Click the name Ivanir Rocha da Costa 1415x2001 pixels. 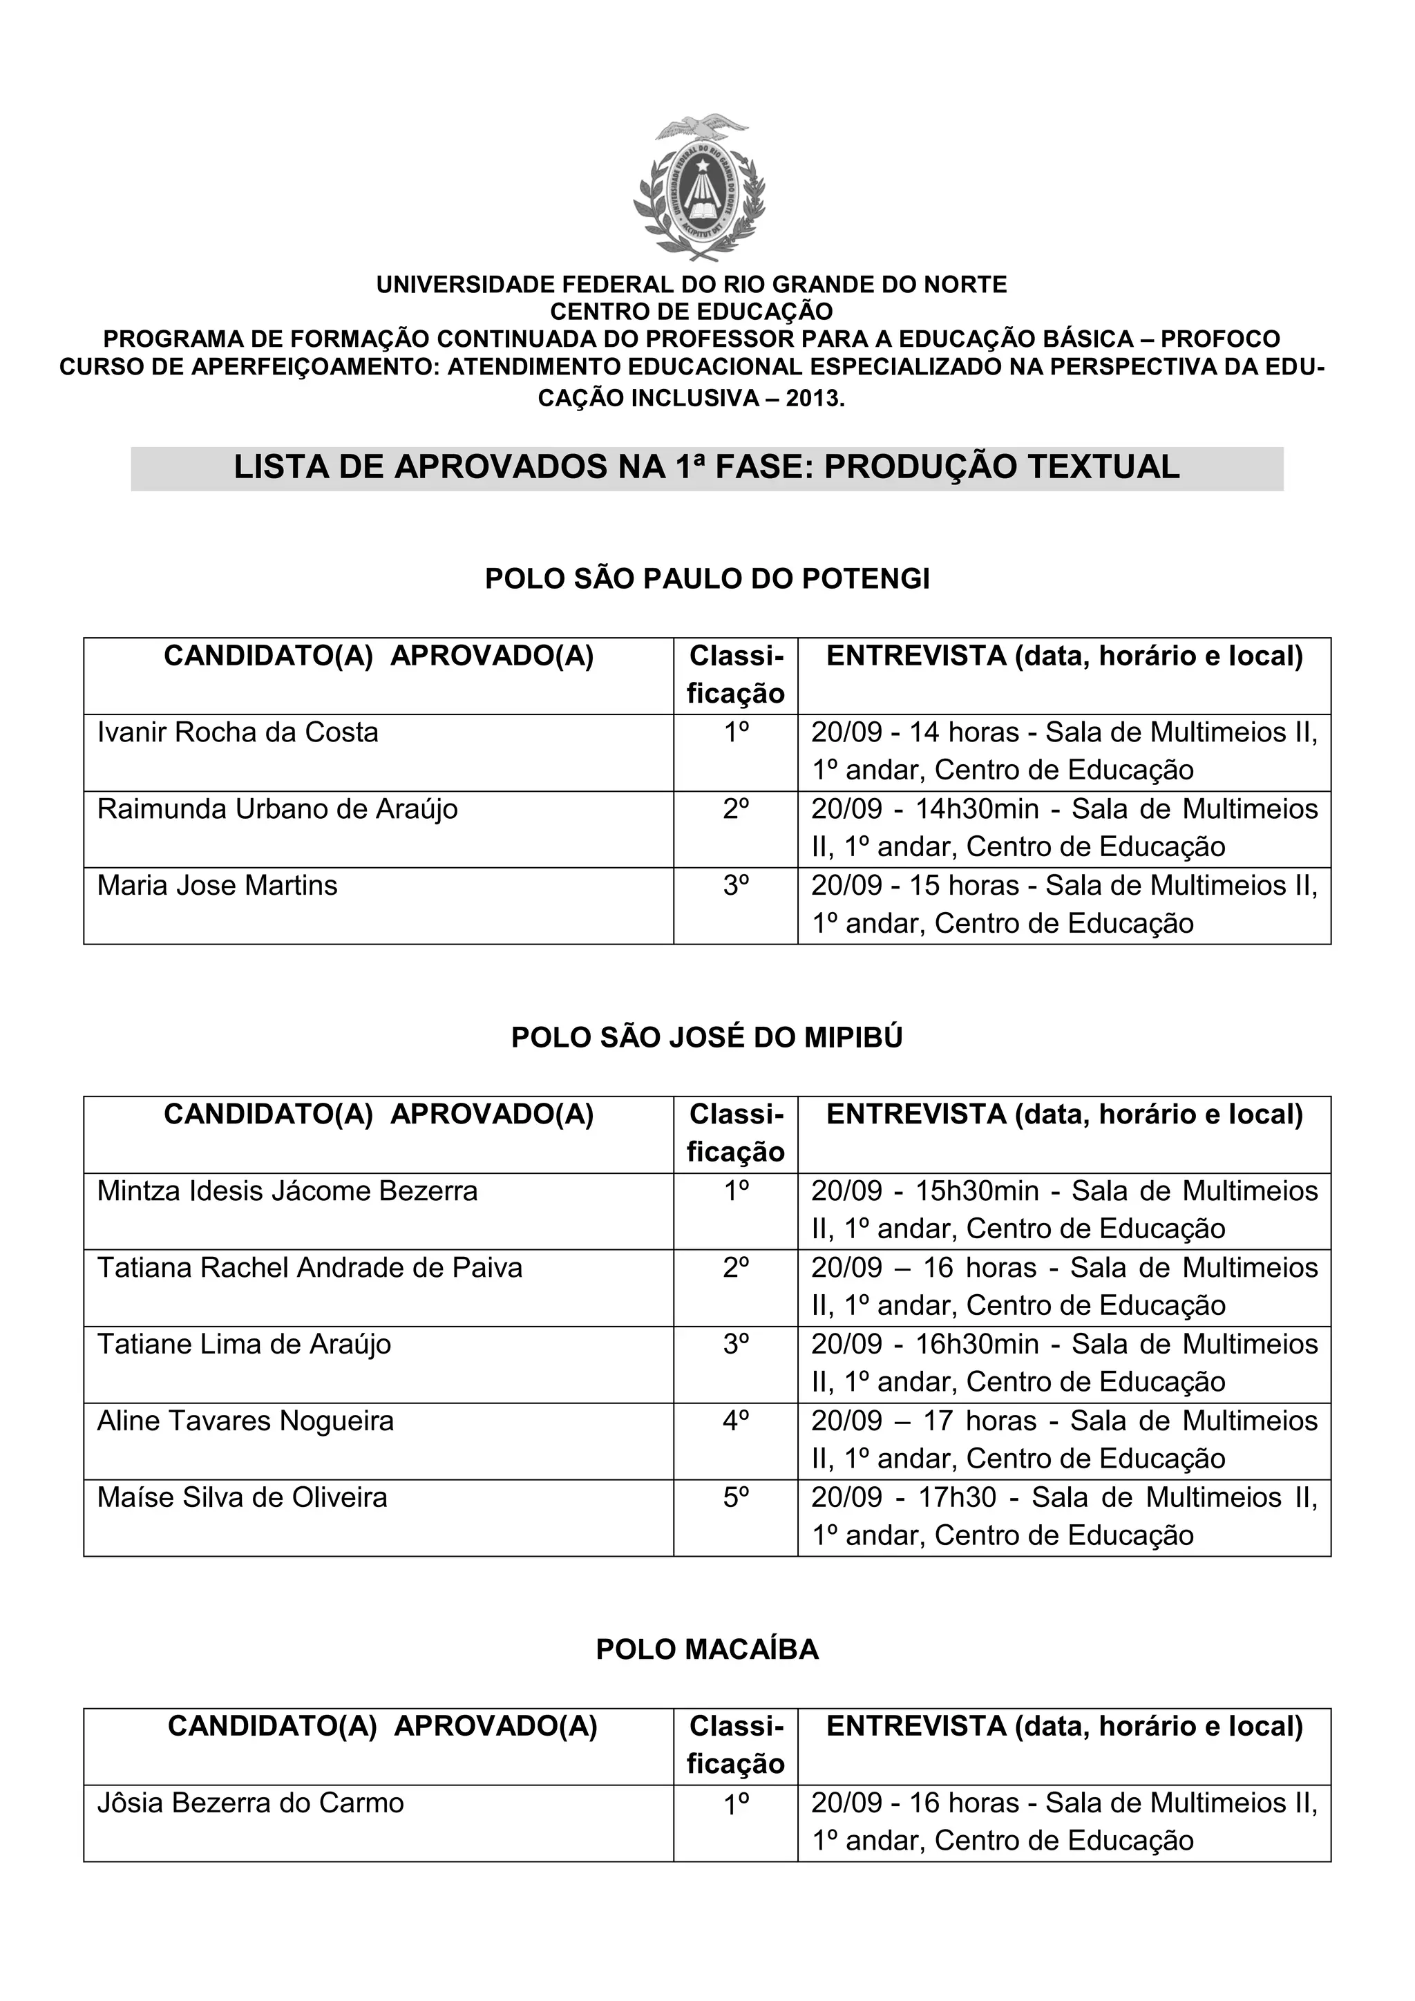point(238,732)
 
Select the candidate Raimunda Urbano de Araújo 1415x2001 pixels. point(277,809)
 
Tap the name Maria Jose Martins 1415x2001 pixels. point(217,886)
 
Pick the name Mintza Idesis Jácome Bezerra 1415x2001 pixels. point(287,1191)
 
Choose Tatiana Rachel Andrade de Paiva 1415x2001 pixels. point(310,1267)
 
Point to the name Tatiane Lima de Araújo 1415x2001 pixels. point(244,1344)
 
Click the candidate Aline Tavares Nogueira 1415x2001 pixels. point(246,1421)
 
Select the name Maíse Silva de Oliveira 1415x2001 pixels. point(243,1497)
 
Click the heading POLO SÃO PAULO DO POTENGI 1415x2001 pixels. point(707,579)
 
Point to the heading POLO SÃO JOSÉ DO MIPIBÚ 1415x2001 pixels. point(707,1037)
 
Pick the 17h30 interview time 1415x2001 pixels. point(958,1497)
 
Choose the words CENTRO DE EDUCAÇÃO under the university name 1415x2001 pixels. point(691,311)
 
